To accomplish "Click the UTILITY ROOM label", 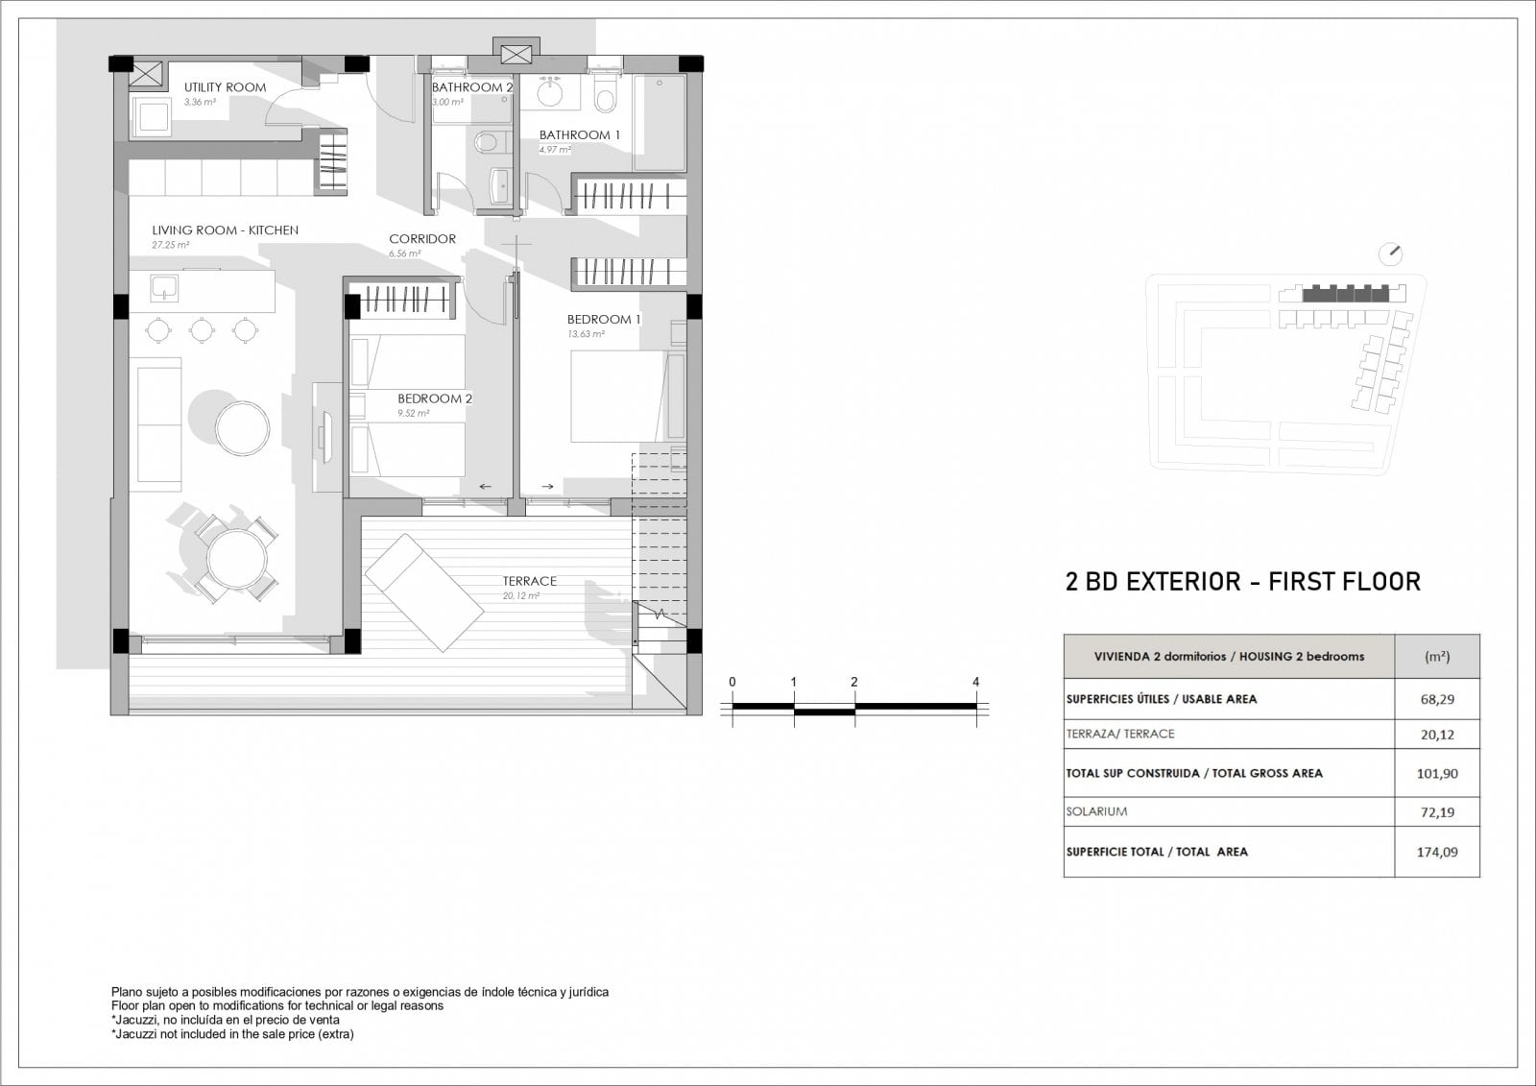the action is click(x=225, y=87).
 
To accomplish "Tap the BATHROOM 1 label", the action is click(x=580, y=135).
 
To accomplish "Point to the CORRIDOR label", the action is click(x=422, y=239).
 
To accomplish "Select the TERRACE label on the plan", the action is click(x=529, y=581).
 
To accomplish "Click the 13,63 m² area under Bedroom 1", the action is click(x=586, y=334).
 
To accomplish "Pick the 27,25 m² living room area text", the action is click(x=171, y=245).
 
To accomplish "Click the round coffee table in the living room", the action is click(x=242, y=428).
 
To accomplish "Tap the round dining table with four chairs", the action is click(x=236, y=559).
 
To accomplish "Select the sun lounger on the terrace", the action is click(x=424, y=592).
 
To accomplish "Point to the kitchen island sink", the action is click(x=164, y=288).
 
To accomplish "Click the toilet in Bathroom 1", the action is click(x=606, y=94).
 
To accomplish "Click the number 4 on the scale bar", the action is click(x=975, y=682).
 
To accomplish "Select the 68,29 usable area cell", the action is click(x=1437, y=699).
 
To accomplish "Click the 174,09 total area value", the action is click(x=1437, y=852).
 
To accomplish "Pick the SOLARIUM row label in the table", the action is click(x=1096, y=811).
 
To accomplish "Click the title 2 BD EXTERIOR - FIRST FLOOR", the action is click(x=1242, y=582).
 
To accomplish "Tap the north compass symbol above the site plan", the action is click(x=1391, y=253).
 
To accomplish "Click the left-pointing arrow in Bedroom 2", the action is click(x=486, y=487).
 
